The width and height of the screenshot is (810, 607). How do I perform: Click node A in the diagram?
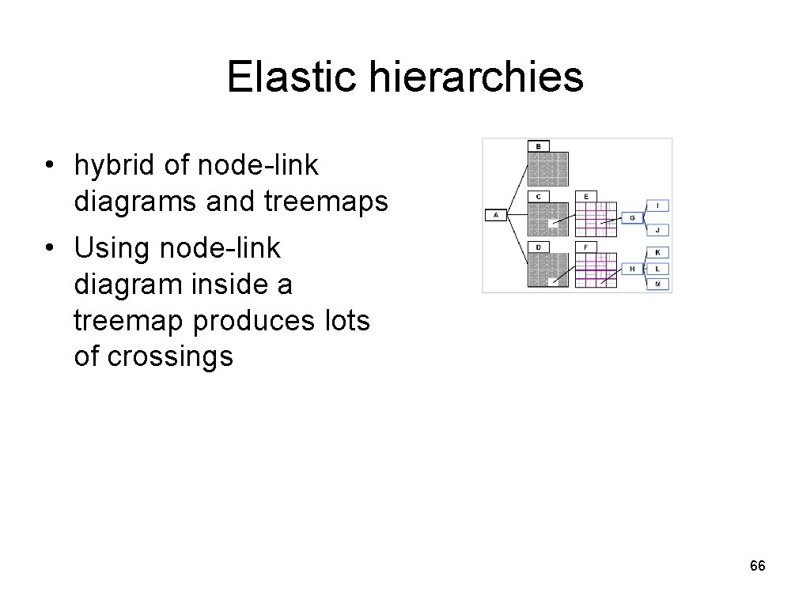[x=496, y=214]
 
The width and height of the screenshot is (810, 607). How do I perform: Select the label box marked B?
[x=539, y=146]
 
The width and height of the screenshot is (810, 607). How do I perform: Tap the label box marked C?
[x=539, y=196]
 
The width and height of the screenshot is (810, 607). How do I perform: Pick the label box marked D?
[x=539, y=247]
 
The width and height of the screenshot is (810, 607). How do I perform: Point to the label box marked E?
[x=586, y=196]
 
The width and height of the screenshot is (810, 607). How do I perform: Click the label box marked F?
[x=586, y=247]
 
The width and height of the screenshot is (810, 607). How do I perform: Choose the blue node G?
[x=632, y=217]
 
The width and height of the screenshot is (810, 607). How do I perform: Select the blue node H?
[x=632, y=269]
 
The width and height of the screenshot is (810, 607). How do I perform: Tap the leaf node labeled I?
[x=659, y=205]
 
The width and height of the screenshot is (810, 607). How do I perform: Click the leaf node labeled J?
[x=659, y=230]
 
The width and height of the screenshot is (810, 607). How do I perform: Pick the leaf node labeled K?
[x=659, y=252]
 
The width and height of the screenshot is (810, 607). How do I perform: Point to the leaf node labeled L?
[x=659, y=269]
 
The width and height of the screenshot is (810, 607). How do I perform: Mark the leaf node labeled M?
[x=659, y=284]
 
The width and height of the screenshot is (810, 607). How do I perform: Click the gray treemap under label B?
[x=548, y=168]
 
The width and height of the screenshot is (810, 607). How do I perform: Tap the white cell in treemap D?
[x=554, y=280]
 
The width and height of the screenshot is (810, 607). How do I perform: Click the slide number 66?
[x=757, y=566]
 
